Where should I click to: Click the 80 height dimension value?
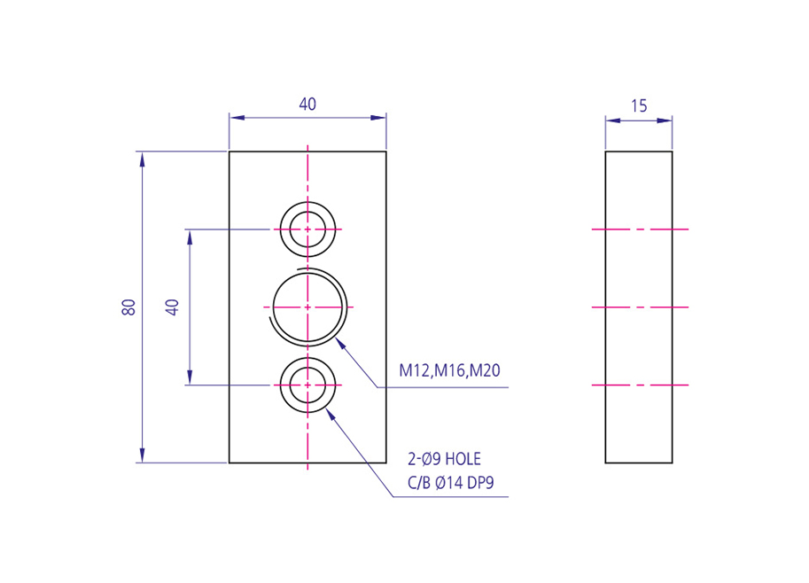pyautogui.click(x=128, y=307)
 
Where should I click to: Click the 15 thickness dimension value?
pyautogui.click(x=639, y=106)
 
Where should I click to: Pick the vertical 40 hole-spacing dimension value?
pyautogui.click(x=172, y=307)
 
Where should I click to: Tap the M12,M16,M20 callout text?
pyautogui.click(x=449, y=370)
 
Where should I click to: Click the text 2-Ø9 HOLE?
pyautogui.click(x=444, y=459)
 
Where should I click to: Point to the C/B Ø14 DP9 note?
pyautogui.click(x=450, y=483)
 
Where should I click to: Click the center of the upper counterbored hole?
pyautogui.click(x=307, y=229)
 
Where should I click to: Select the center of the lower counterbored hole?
pyautogui.click(x=307, y=385)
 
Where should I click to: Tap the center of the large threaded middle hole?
pyautogui.click(x=307, y=307)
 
